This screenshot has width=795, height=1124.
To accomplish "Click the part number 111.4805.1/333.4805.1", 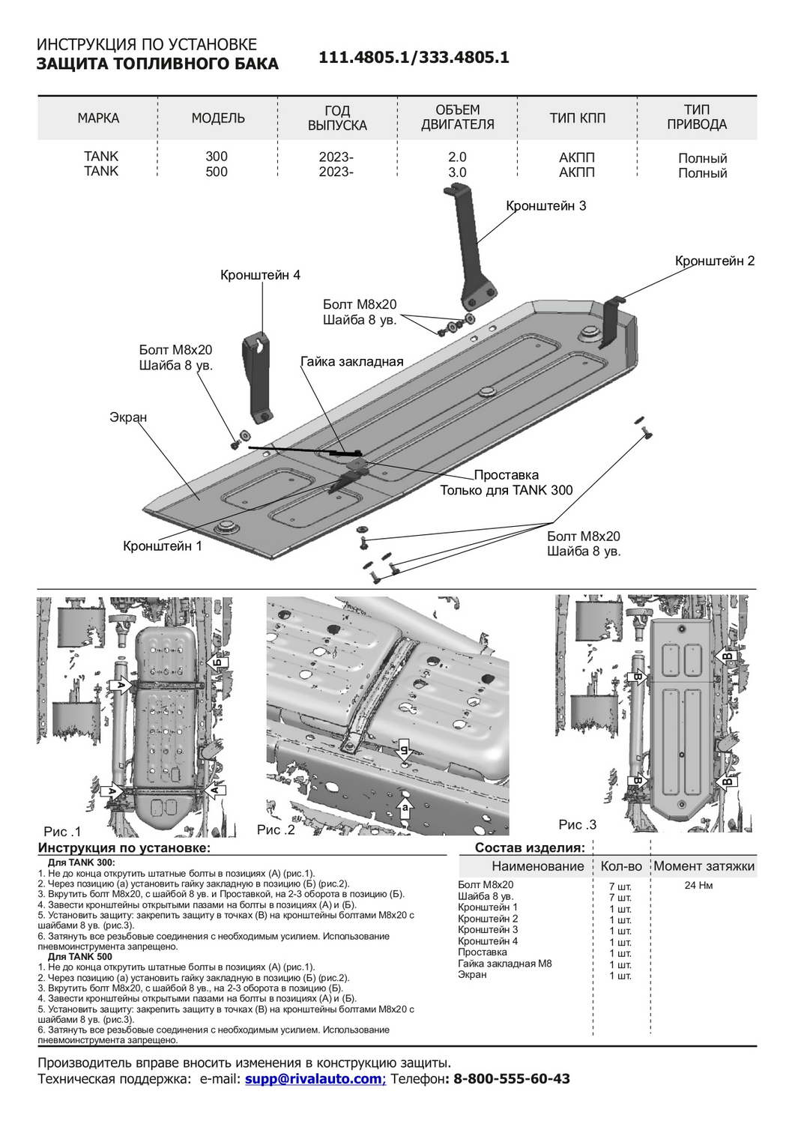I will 414,58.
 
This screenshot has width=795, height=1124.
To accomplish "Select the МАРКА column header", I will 98,118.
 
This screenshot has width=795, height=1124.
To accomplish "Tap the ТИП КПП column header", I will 577,118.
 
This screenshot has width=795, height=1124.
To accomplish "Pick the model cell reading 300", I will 217,157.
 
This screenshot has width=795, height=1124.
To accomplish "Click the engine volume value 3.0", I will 457,172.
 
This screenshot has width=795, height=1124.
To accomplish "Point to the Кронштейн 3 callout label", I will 545,205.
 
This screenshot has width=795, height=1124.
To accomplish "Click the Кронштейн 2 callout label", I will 715,261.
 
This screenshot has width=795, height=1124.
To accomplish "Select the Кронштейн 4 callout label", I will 260,275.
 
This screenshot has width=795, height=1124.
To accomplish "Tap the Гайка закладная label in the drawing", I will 351,362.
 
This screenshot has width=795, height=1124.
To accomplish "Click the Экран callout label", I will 128,417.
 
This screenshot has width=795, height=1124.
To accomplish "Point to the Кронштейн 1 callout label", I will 163,546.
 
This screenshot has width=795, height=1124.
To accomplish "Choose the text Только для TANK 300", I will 506,491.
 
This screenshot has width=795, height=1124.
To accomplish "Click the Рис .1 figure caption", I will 62,832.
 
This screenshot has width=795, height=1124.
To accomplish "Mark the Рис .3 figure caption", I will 577,824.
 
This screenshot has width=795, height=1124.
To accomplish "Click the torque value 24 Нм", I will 698,886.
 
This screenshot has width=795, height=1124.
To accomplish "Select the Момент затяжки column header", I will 704,866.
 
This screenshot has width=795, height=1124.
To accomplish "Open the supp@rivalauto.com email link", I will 313,1079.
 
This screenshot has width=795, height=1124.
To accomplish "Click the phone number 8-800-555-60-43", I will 512,1079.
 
